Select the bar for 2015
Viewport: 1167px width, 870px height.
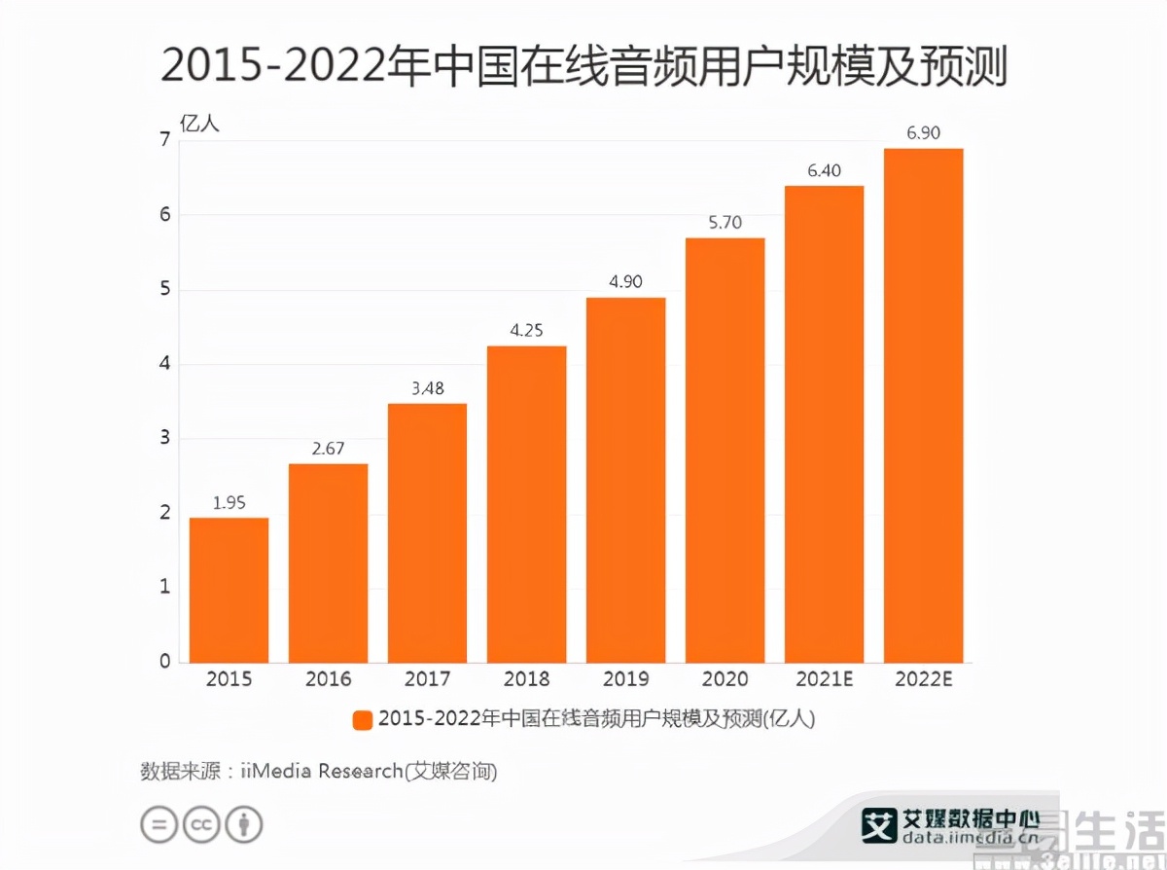[x=229, y=589]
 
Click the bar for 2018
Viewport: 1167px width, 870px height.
[x=526, y=503]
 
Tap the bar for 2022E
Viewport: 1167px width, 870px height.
[x=923, y=405]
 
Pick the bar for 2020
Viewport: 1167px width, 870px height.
[x=725, y=450]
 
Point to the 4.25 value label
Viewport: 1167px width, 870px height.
[x=526, y=330]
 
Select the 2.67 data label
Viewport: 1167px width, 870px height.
[x=328, y=449]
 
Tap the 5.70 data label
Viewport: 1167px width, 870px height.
[x=725, y=223]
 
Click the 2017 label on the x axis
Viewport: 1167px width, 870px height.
[x=427, y=679]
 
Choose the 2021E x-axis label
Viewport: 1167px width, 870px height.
[x=824, y=679]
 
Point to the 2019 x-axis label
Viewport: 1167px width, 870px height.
[x=625, y=679]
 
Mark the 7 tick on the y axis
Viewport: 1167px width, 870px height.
[x=164, y=140]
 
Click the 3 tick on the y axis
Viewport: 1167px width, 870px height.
[x=164, y=438]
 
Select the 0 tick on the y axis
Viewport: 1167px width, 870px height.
[x=164, y=662]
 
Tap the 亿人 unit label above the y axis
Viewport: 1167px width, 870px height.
[x=200, y=124]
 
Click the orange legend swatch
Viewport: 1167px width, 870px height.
[x=362, y=720]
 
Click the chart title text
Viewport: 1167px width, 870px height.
[x=583, y=68]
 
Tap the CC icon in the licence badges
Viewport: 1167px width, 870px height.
[x=201, y=824]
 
